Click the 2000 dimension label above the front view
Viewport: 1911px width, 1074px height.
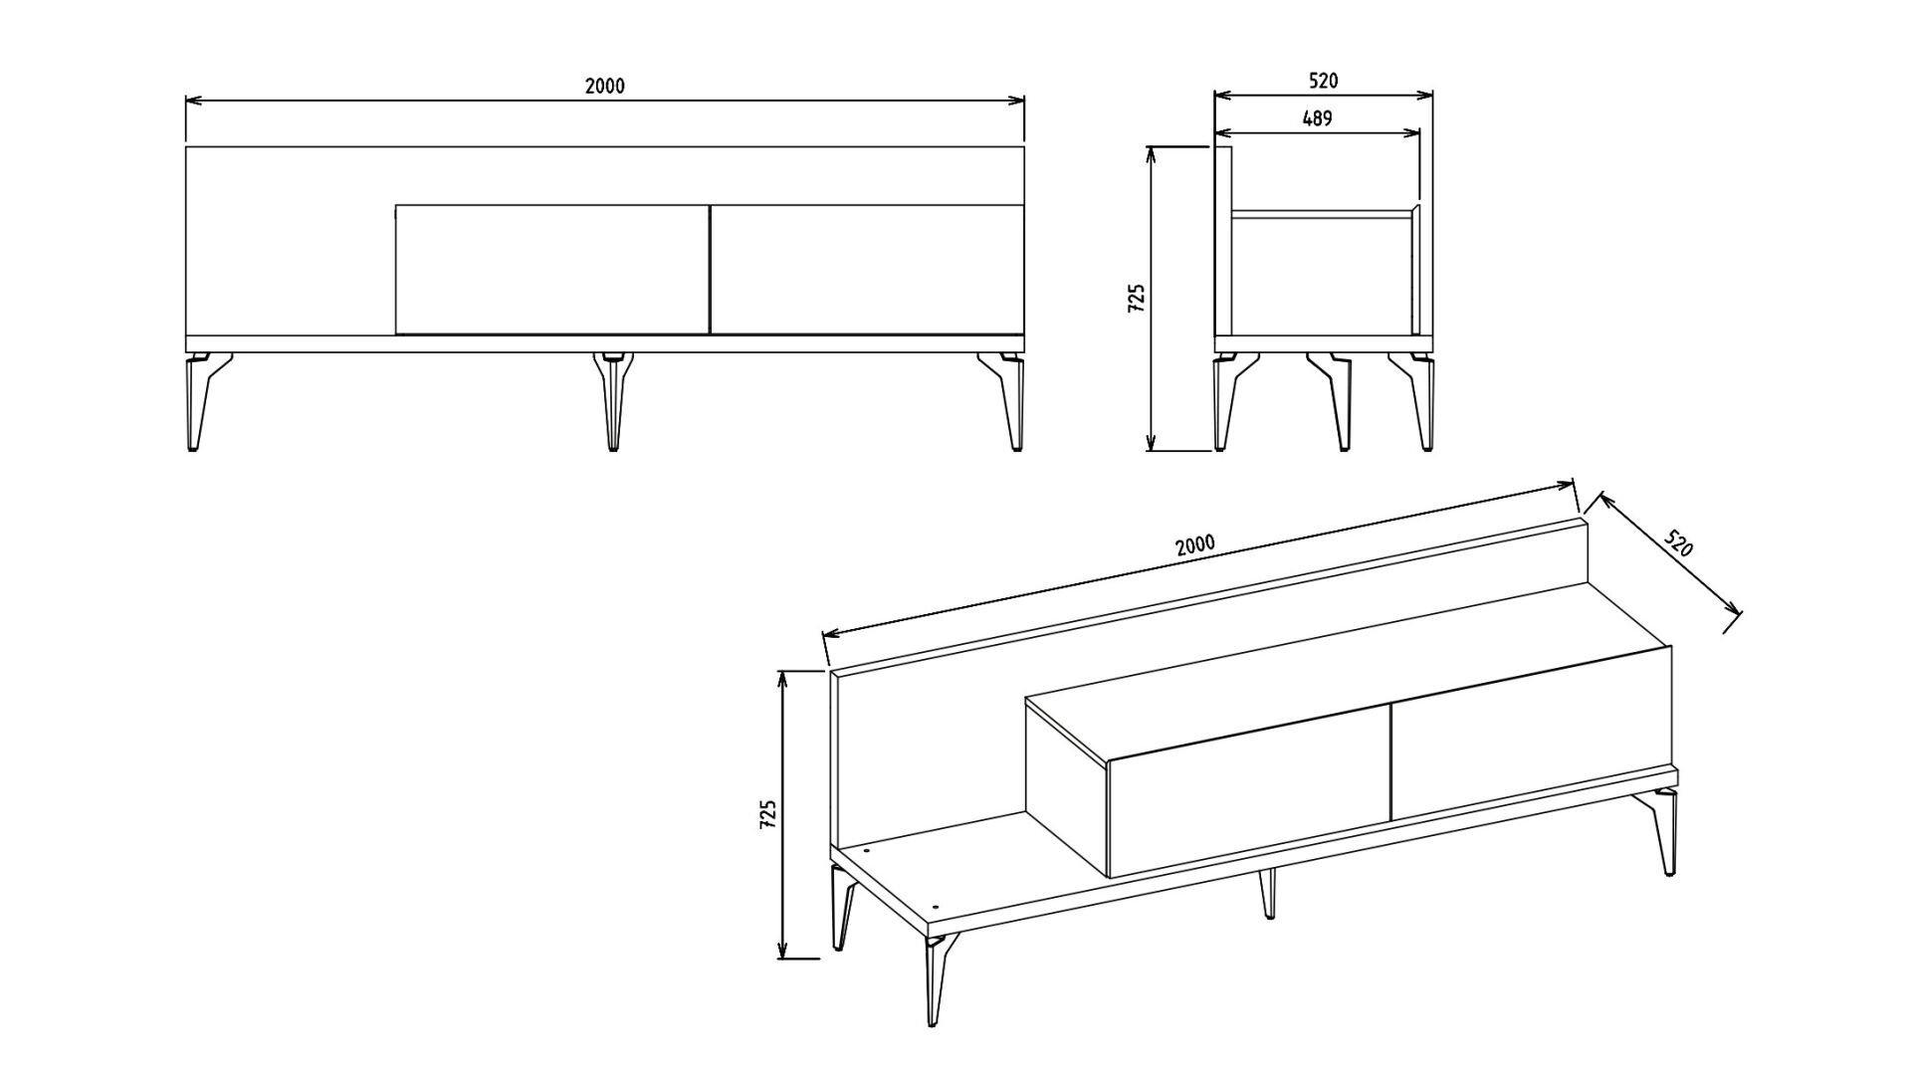pyautogui.click(x=604, y=86)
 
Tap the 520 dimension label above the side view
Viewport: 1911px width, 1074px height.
pyautogui.click(x=1323, y=81)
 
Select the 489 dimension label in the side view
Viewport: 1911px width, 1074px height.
pyautogui.click(x=1317, y=118)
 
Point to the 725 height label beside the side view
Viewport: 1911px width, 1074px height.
pyautogui.click(x=1137, y=299)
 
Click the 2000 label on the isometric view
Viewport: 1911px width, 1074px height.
pyautogui.click(x=1195, y=544)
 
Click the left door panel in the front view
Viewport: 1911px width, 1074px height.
pyautogui.click(x=552, y=269)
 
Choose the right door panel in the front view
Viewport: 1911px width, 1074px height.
pyautogui.click(x=867, y=269)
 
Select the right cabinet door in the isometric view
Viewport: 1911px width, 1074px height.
pyautogui.click(x=1531, y=737)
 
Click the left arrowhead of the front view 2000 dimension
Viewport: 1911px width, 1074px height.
pyautogui.click(x=194, y=101)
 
